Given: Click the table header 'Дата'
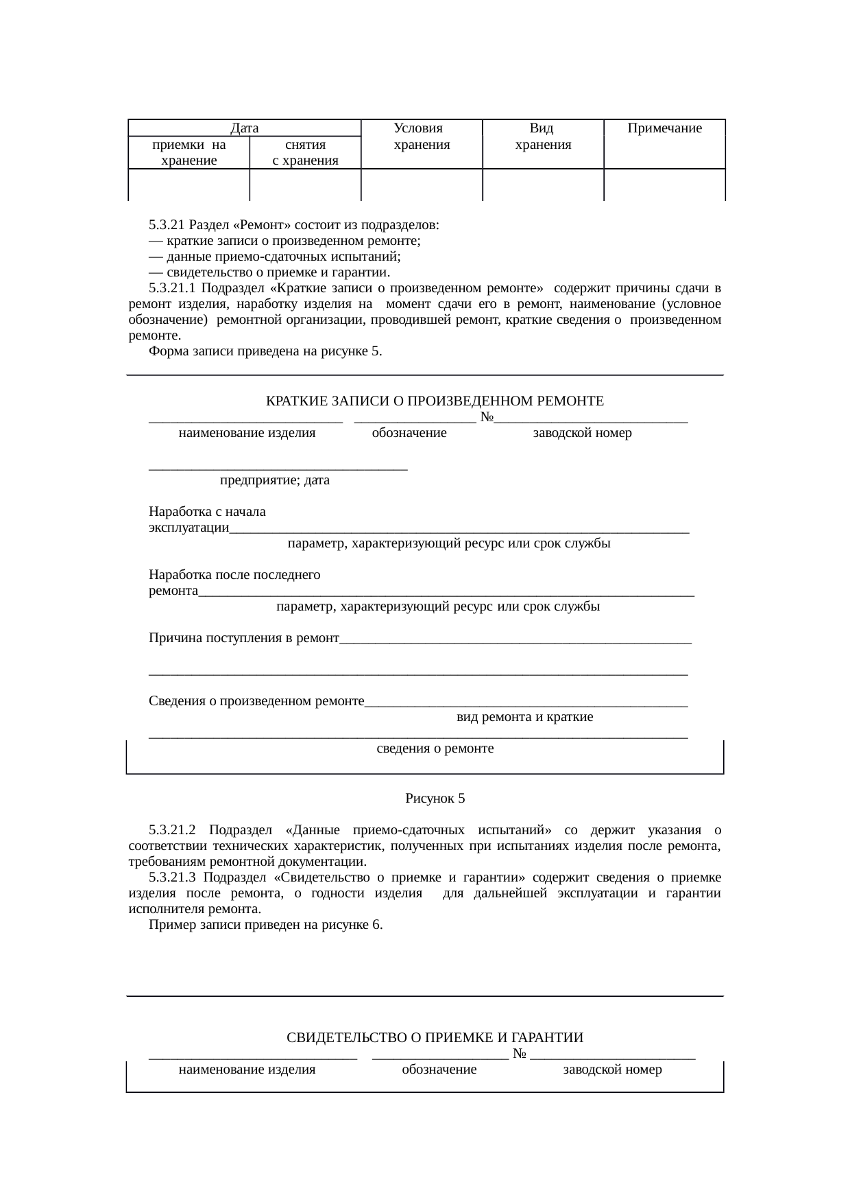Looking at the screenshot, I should click(244, 128).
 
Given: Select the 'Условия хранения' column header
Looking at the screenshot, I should click(421, 137).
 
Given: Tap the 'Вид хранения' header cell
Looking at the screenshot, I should click(542, 137).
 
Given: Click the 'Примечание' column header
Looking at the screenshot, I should click(664, 128).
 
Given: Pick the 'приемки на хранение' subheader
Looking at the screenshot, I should click(189, 153).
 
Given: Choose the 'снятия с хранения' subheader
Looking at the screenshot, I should click(305, 153).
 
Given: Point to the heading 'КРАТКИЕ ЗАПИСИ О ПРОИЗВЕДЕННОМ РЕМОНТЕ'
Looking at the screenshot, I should click(435, 401).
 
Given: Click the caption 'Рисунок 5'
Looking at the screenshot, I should click(435, 799).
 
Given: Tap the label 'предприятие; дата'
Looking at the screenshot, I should click(274, 480).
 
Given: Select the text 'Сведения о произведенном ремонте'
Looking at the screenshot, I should click(256, 701).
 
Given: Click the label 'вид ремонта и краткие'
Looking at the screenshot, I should click(524, 718).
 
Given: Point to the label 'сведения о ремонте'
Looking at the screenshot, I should click(435, 748).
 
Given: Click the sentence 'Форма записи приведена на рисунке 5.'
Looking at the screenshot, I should click(265, 352).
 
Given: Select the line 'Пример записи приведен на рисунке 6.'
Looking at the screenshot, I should click(265, 925).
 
